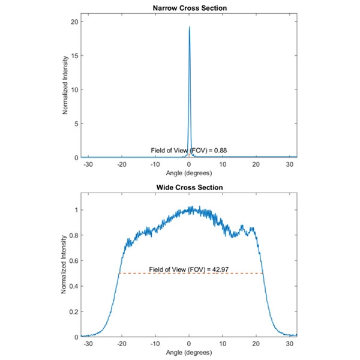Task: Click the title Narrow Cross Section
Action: [189, 8]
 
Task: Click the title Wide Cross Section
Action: [189, 187]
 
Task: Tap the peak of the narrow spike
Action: [190, 27]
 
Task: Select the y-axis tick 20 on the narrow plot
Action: [74, 22]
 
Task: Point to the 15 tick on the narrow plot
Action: [74, 56]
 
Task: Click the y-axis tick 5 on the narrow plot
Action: [76, 124]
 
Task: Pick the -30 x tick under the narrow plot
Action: [88, 164]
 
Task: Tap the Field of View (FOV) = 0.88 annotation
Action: [188, 149]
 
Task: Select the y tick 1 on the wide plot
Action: [76, 210]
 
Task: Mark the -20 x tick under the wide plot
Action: [122, 343]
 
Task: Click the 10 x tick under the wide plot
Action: [223, 343]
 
